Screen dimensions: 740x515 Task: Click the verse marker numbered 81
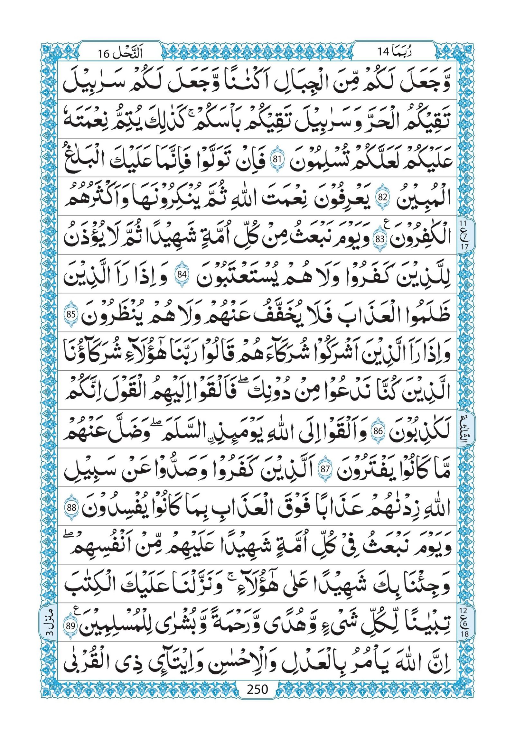pyautogui.click(x=276, y=159)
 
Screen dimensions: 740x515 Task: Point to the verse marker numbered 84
pyautogui.click(x=182, y=275)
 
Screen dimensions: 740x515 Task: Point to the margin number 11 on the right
pyautogui.click(x=462, y=223)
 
